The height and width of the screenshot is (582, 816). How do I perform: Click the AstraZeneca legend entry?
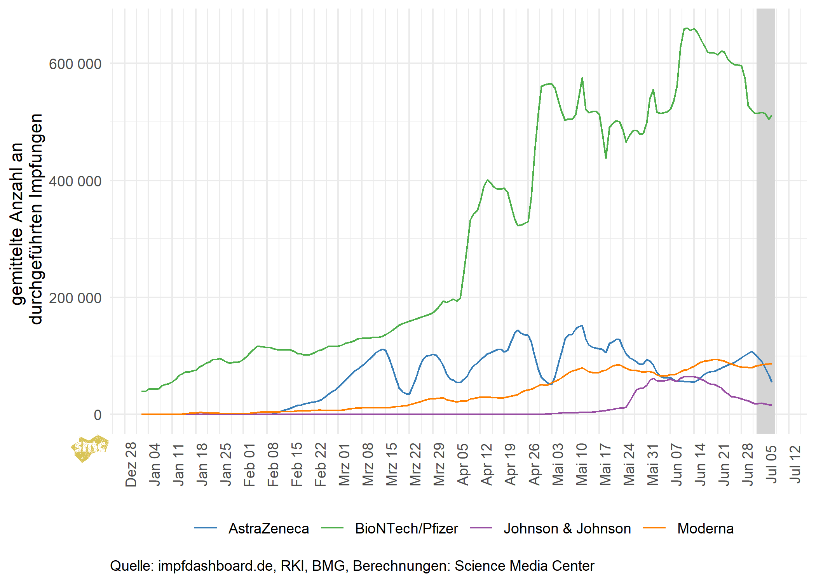coord(268,528)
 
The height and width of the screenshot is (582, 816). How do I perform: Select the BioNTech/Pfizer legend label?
coord(406,528)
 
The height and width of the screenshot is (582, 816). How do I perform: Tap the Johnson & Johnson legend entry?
coord(567,528)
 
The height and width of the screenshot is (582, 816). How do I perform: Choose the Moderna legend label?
coord(705,528)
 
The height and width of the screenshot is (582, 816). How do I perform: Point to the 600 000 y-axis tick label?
coord(75,64)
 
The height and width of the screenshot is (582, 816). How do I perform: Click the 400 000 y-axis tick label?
coord(75,181)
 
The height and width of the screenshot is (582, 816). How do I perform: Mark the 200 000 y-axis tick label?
coord(75,298)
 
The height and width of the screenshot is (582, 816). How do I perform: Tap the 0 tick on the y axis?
coord(97,415)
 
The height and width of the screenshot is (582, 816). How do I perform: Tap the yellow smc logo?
coord(89,448)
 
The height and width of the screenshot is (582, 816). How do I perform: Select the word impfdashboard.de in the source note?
coord(215,566)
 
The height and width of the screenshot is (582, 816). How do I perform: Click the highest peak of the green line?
coord(686,28)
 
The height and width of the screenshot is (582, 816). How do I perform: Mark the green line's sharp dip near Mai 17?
coord(606,158)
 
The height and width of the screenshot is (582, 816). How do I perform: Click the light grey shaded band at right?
coord(766,233)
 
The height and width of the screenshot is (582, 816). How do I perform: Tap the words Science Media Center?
coord(524,566)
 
